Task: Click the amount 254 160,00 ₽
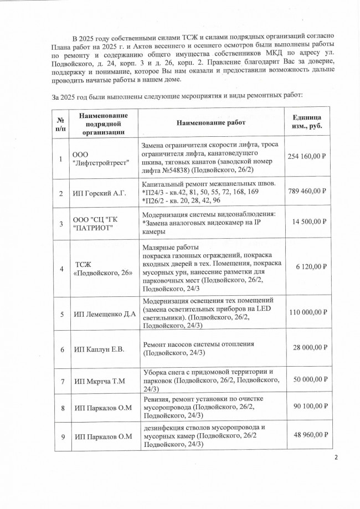pos(307,156)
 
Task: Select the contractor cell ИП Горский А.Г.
pos(101,193)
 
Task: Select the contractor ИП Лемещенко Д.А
pos(105,314)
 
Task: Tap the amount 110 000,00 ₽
pos(307,313)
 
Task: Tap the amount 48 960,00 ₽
pos(309,435)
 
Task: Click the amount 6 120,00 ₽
pos(311,266)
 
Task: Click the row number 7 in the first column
pos(61,382)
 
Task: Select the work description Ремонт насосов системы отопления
pos(198,343)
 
